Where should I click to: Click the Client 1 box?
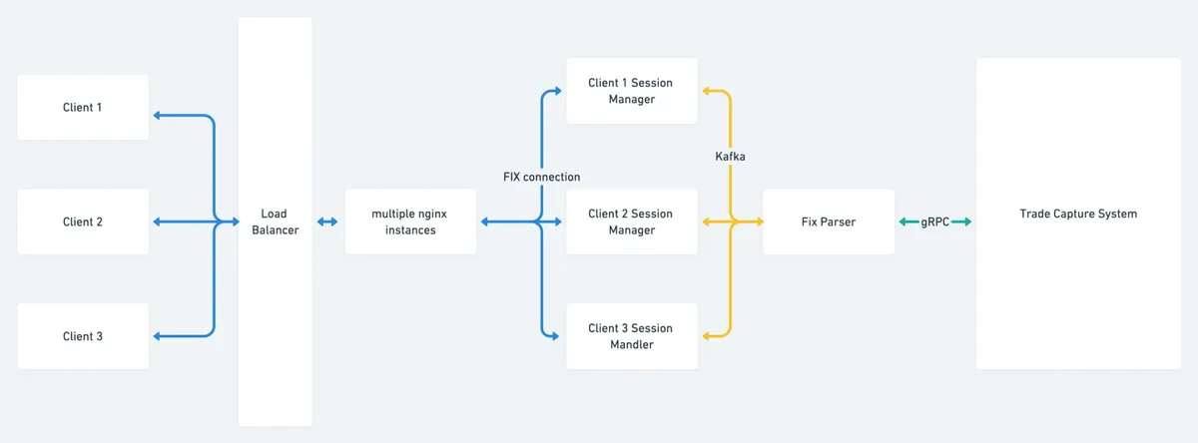[83, 107]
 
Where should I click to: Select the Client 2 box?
[83, 221]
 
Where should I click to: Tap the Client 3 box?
[83, 336]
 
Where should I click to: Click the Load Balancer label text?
[275, 221]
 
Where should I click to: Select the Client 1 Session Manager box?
[631, 91]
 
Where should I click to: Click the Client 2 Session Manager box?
[631, 221]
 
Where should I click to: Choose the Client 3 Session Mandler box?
[631, 336]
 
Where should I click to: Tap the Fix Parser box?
[828, 221]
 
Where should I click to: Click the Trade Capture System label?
[1077, 214]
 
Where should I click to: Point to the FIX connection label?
[541, 177]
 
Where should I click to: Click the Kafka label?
[731, 157]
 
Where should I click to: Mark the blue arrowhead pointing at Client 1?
[157, 115]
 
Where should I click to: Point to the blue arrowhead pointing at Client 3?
[157, 336]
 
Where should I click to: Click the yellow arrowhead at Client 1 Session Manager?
[707, 91]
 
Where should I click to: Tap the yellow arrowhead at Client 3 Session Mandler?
[707, 336]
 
